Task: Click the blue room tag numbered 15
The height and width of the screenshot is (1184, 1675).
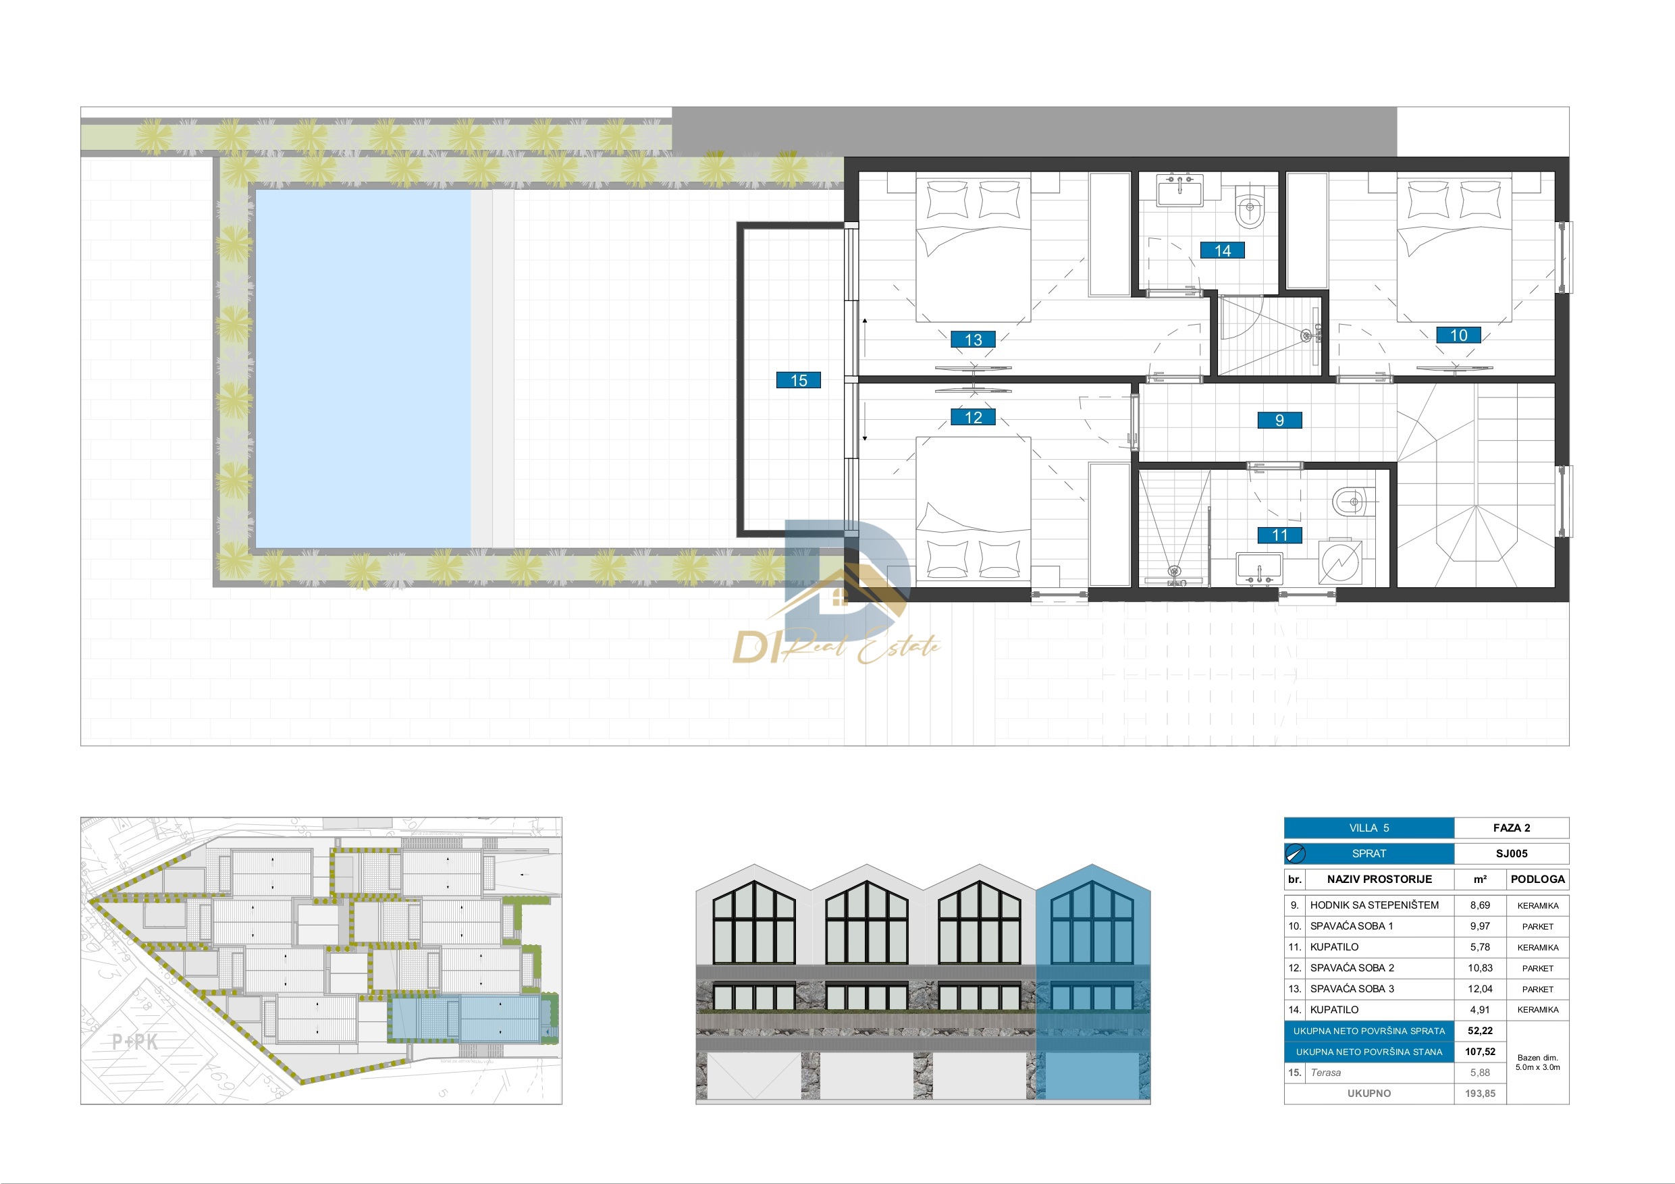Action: point(798,380)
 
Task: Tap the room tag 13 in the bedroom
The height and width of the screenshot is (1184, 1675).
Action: point(973,340)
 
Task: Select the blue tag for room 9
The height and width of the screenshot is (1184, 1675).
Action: point(1279,420)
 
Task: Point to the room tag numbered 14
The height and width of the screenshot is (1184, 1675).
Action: point(1223,251)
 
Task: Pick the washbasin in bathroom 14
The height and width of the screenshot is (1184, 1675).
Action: point(1179,192)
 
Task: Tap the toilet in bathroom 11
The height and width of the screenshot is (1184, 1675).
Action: point(1352,502)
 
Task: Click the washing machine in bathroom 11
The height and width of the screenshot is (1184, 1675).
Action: point(1340,562)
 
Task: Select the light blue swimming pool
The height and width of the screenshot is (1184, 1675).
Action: point(363,369)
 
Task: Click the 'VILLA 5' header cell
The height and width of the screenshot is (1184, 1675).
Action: point(1368,828)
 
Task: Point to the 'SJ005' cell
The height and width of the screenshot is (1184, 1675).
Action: point(1512,853)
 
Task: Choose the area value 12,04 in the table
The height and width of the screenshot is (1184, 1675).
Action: point(1479,989)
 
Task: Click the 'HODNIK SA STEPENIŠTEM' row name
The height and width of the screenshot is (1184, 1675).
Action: point(1375,905)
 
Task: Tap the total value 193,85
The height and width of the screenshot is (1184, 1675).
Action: point(1479,1094)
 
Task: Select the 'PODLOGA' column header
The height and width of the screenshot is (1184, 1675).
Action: point(1538,879)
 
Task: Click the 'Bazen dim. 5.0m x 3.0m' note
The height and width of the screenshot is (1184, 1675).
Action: point(1538,1062)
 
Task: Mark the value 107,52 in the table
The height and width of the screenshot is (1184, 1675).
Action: point(1479,1052)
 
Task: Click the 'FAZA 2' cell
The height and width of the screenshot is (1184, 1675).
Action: point(1512,828)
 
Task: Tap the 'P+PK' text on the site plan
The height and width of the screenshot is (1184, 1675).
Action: point(135,1042)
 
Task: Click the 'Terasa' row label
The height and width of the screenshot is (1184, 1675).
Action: point(1325,1073)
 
